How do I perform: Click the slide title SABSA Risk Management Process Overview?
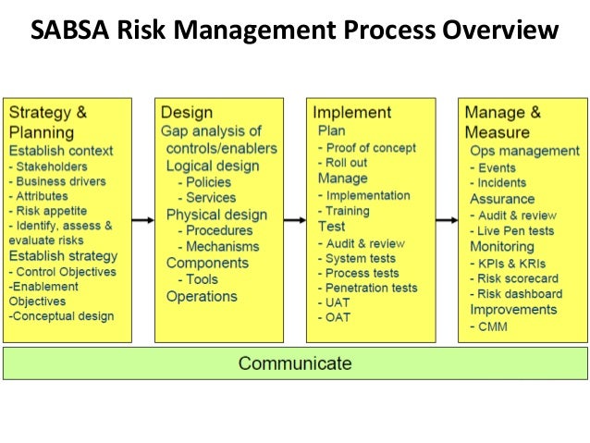tap(294, 32)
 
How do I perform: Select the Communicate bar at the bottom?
tap(294, 363)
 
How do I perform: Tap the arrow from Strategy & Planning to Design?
tap(143, 220)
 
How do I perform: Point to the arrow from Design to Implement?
tap(295, 220)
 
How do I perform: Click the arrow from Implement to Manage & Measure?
tap(446, 220)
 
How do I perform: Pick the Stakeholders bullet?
tap(53, 166)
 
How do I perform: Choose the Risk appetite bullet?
tap(55, 210)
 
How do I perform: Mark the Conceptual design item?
tap(63, 315)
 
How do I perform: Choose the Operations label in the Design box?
tap(202, 297)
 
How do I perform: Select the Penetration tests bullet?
tap(371, 288)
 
